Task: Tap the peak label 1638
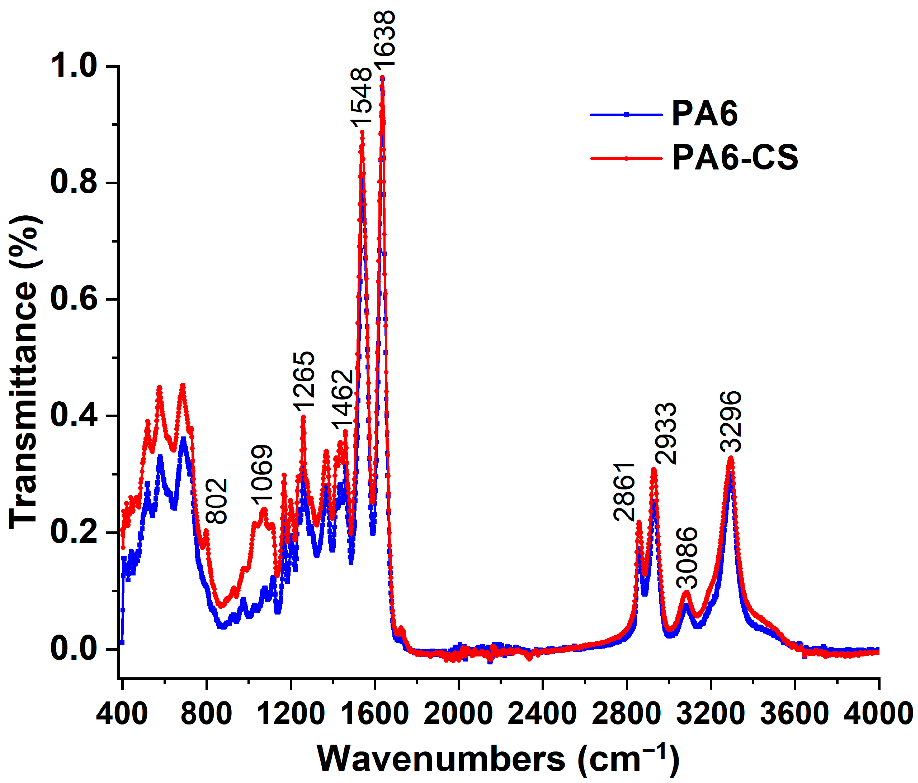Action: click(x=384, y=39)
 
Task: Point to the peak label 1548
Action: click(x=360, y=98)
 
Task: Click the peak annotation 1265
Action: click(x=304, y=380)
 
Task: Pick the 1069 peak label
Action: click(x=262, y=475)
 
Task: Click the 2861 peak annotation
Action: click(x=625, y=492)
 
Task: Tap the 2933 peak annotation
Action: click(x=666, y=433)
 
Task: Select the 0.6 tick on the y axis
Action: click(x=73, y=299)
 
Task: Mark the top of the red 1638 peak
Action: click(x=382, y=78)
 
